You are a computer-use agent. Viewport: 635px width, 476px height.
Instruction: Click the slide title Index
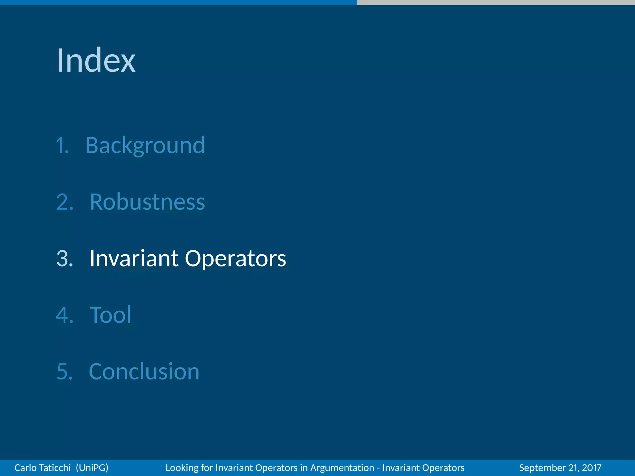(96, 60)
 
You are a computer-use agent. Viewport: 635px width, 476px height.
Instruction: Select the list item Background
(145, 145)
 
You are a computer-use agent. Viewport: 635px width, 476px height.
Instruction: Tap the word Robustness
(147, 202)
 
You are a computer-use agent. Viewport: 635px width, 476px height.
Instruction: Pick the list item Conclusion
(144, 372)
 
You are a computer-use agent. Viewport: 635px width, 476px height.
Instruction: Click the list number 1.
(62, 146)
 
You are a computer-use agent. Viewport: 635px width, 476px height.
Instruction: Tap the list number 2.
(64, 202)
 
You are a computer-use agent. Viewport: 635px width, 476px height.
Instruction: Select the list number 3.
(64, 259)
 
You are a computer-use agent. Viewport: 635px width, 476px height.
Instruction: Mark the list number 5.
(64, 372)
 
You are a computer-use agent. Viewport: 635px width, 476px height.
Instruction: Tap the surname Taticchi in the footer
(56, 468)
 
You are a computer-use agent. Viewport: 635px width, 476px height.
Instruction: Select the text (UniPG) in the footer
(92, 468)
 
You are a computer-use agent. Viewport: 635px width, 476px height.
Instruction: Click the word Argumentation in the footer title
(342, 468)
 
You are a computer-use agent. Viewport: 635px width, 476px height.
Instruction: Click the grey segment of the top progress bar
(496, 2)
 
